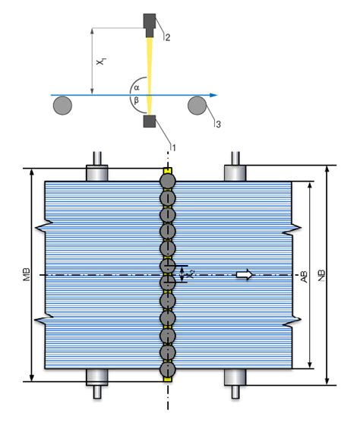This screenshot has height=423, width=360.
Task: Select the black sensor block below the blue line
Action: [150, 122]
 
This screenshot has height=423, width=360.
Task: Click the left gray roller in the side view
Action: [63, 105]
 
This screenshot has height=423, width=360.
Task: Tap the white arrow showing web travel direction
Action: [244, 274]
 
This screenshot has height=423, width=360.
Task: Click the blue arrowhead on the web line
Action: [215, 95]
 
